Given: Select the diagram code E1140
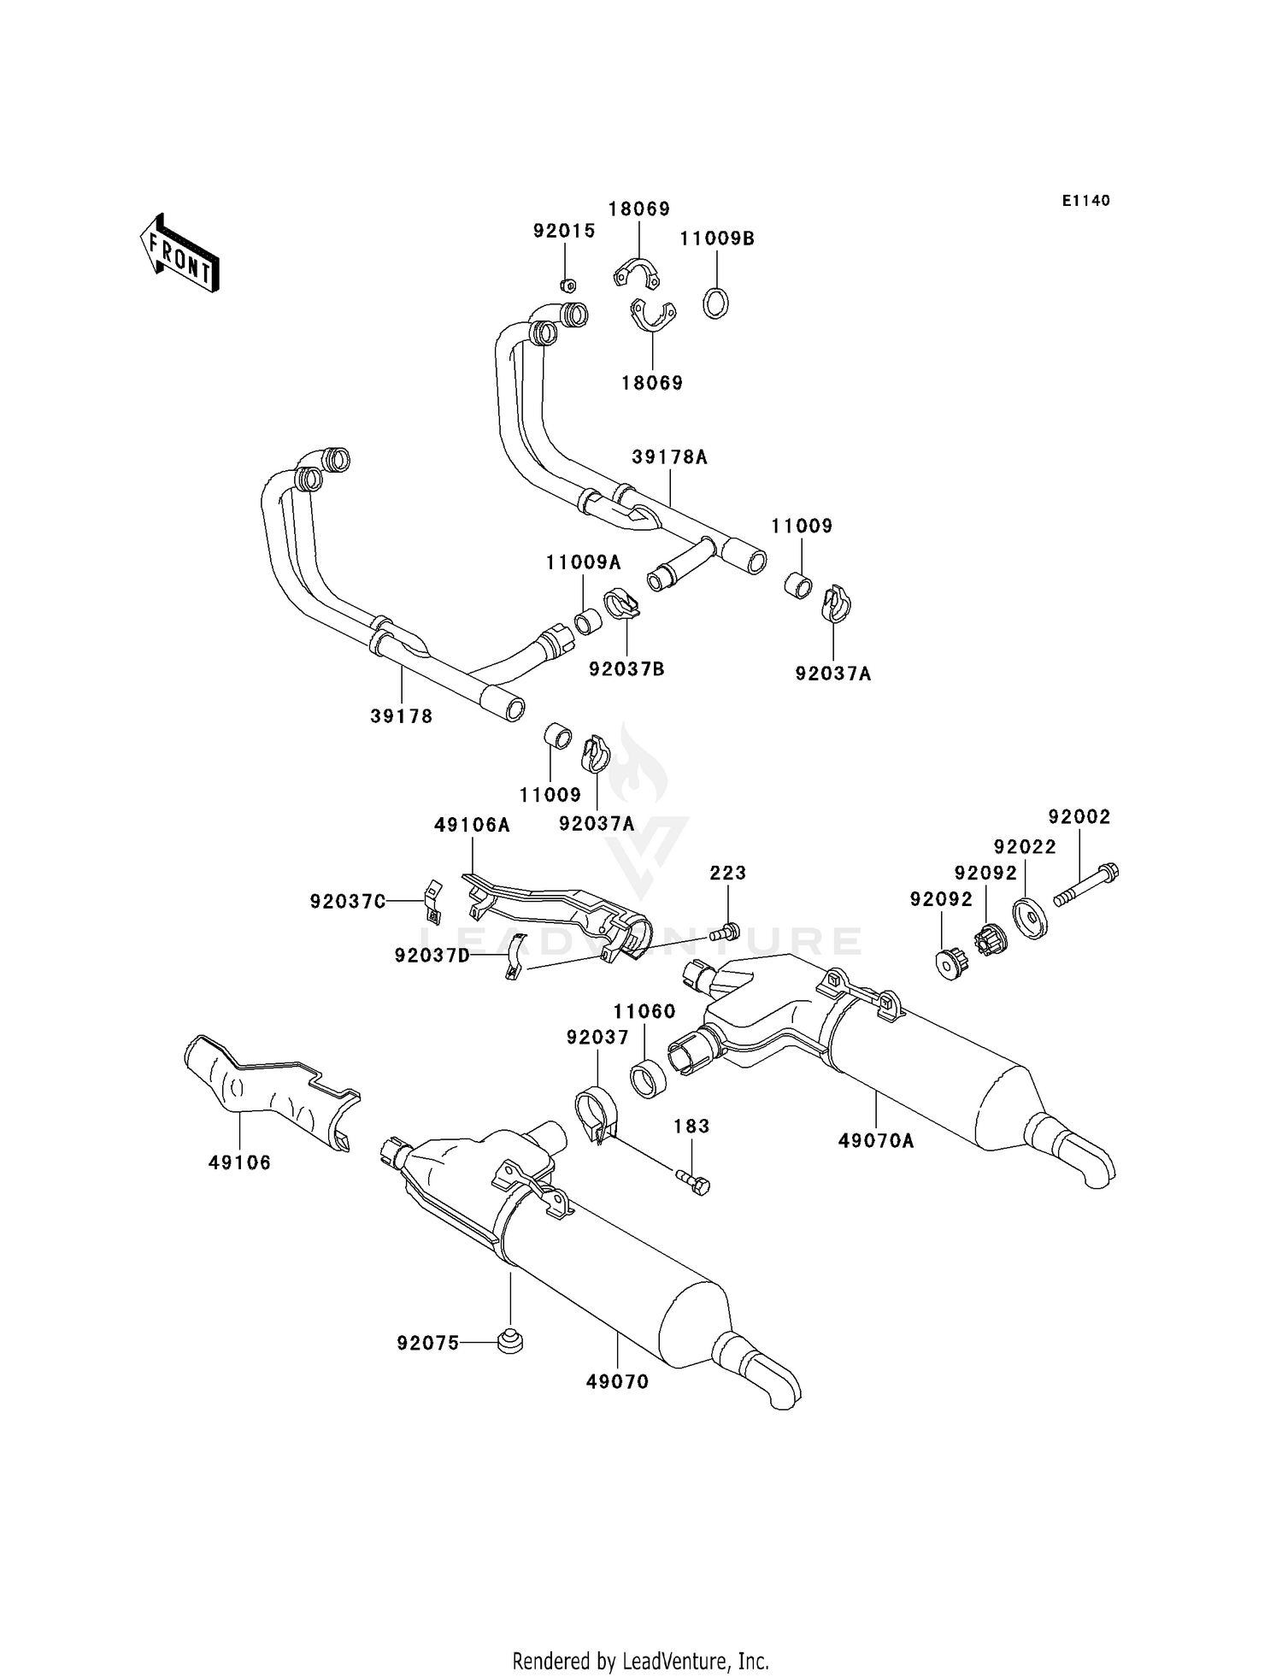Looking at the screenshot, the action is (x=1085, y=201).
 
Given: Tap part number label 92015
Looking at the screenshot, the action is (x=564, y=231).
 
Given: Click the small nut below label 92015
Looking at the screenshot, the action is (x=567, y=285).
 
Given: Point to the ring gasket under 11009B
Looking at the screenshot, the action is (x=716, y=303).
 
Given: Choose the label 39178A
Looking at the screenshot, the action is (x=670, y=457).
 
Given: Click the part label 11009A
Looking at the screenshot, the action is (x=584, y=562).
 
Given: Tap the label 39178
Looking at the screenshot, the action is (x=402, y=716).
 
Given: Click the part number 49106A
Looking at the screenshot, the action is (x=472, y=825).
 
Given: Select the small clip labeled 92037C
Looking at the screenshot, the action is (x=432, y=902).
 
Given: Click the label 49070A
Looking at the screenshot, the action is (x=876, y=1140).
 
